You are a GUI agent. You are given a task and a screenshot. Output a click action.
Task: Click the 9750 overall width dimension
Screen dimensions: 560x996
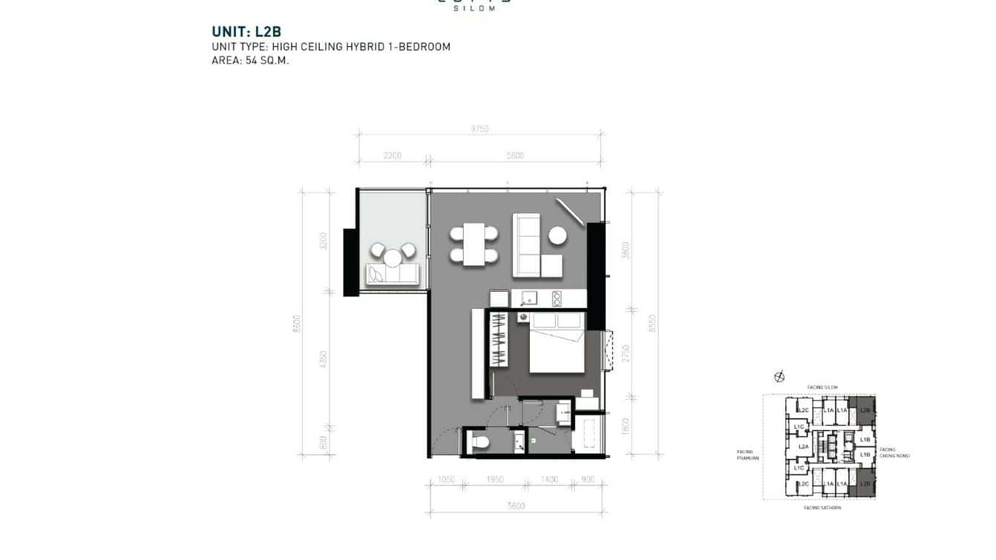pyautogui.click(x=479, y=129)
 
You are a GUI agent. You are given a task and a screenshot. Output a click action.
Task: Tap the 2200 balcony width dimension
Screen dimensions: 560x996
pyautogui.click(x=393, y=156)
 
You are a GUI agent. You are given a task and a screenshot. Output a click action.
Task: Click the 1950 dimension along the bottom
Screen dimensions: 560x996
pyautogui.click(x=495, y=480)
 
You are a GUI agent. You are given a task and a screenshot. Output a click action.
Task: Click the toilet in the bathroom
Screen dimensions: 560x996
pyautogui.click(x=479, y=443)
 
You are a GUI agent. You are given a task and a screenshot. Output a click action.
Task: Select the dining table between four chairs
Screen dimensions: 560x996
pyautogui.click(x=474, y=244)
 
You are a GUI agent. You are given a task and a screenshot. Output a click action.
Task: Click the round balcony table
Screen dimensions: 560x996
pyautogui.click(x=392, y=258)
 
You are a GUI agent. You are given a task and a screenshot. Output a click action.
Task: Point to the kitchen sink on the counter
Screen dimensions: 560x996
pyautogui.click(x=529, y=298)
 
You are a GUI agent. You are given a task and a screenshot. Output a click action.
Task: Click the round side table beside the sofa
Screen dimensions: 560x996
pyautogui.click(x=558, y=236)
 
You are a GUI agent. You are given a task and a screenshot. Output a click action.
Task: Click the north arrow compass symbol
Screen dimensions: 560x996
pyautogui.click(x=779, y=377)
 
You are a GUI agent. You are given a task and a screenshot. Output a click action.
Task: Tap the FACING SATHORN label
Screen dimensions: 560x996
pyautogui.click(x=822, y=508)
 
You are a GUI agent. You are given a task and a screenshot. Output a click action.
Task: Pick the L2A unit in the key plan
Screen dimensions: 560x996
pyautogui.click(x=803, y=446)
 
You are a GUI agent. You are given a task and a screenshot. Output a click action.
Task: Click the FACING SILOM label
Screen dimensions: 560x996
pyautogui.click(x=822, y=388)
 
